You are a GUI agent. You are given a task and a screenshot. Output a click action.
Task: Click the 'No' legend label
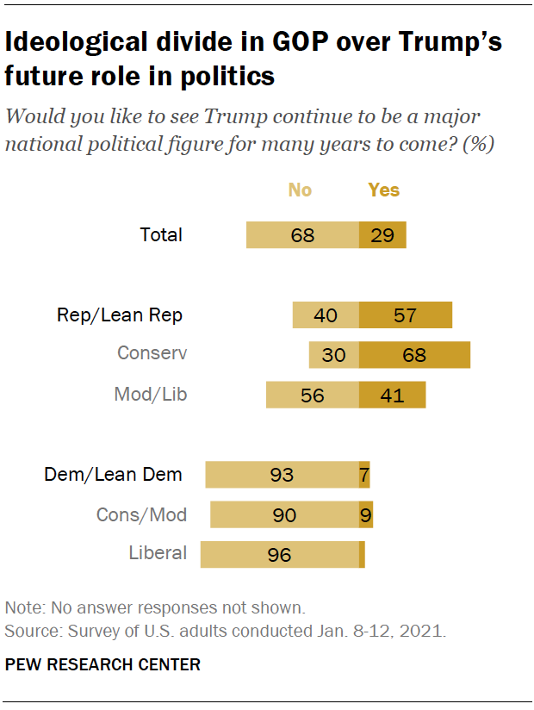pos(300,190)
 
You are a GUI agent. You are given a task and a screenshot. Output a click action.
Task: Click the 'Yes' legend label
pos(384,190)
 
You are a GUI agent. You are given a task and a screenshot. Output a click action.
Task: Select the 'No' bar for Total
pos(302,234)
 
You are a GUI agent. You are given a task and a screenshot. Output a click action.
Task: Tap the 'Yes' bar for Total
pos(382,234)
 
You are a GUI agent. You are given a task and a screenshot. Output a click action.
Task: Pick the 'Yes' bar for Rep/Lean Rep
pos(406,315)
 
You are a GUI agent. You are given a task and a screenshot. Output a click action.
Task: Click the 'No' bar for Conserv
pos(334,355)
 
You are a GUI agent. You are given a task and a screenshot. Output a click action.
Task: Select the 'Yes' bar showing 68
pos(414,355)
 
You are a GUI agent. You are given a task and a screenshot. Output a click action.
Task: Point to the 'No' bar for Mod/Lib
pos(313,395)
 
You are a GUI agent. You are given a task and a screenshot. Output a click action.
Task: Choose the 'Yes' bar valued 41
pos(393,395)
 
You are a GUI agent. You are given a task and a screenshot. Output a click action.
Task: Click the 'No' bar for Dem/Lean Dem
pos(282,475)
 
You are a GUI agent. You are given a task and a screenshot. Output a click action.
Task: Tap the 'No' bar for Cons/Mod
pos(284,515)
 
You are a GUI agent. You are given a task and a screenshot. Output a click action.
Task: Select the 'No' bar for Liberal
pos(279,555)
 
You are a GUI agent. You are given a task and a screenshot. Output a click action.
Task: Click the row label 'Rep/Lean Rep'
pos(120,315)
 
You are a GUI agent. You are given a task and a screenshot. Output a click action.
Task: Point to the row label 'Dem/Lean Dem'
pos(113,475)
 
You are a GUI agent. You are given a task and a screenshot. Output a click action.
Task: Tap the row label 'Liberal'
pos(158,553)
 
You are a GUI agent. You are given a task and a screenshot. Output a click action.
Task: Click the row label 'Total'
pos(161,234)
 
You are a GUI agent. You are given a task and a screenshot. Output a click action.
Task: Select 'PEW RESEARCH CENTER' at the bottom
pos(102,664)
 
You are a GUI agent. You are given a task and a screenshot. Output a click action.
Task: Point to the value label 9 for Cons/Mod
pos(367,515)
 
